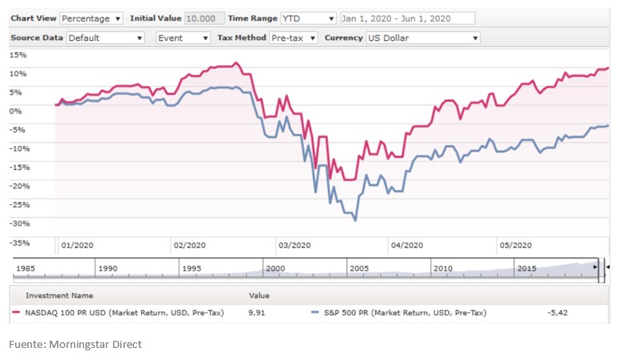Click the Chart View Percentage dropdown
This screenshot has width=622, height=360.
[91, 18]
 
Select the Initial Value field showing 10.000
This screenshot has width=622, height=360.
[204, 18]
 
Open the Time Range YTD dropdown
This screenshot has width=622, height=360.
[309, 18]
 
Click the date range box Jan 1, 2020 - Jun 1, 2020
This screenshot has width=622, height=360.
[407, 18]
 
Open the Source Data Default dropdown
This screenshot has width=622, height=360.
[105, 38]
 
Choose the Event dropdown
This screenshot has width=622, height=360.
[183, 38]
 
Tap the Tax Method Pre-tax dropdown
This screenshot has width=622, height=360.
[293, 38]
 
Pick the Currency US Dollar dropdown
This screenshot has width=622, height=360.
[422, 38]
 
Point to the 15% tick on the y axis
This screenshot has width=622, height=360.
[18, 55]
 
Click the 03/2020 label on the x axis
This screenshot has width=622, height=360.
[293, 245]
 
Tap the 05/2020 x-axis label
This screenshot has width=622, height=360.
[516, 245]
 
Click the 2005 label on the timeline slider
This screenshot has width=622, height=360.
[358, 269]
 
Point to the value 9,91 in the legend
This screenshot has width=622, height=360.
[259, 313]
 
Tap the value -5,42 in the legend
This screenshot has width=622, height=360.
[557, 313]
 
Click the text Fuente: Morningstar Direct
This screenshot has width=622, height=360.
[75, 344]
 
